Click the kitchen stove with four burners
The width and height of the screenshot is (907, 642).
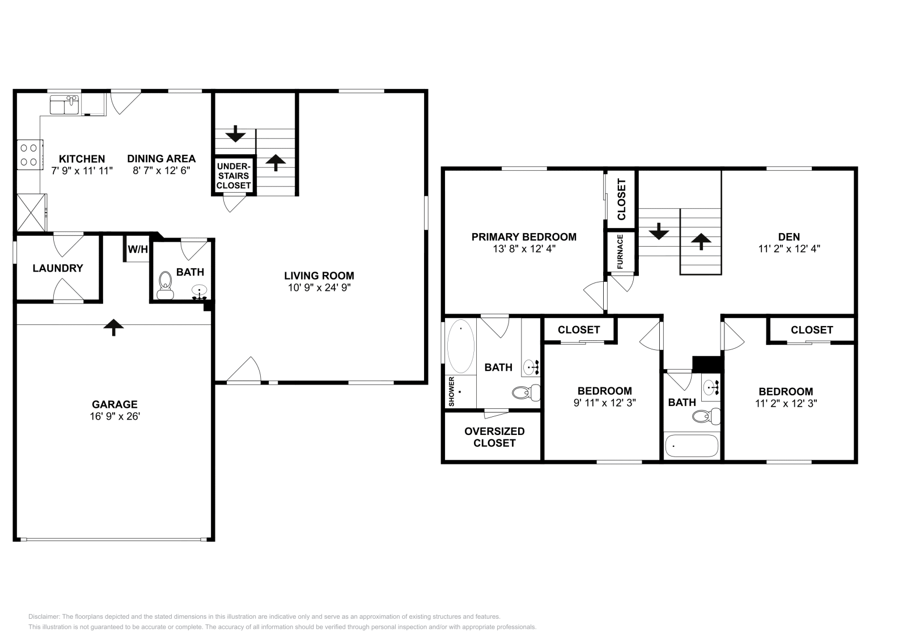tap(29, 154)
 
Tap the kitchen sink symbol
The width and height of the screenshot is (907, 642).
tap(64, 105)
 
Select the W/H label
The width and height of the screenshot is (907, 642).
tap(138, 249)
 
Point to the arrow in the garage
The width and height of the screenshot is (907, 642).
tap(114, 327)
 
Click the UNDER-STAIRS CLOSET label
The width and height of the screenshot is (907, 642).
tap(234, 176)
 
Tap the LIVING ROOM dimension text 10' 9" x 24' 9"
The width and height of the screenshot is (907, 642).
tap(319, 288)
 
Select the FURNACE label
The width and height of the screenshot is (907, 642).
tap(620, 252)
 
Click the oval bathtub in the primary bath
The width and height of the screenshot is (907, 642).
tap(461, 346)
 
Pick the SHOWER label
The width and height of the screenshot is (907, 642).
tap(452, 391)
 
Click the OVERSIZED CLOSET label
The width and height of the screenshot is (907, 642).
tap(494, 437)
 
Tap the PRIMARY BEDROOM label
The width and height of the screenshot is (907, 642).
tap(524, 236)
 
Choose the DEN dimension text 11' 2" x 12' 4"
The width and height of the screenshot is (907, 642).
tap(789, 248)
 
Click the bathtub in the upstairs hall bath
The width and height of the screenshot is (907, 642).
tap(692, 446)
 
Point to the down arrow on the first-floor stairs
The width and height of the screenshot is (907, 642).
tap(235, 135)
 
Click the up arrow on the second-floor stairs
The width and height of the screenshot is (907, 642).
tap(701, 242)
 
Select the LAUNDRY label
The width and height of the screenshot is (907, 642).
tap(58, 268)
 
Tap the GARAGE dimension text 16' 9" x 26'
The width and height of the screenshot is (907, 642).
tap(115, 416)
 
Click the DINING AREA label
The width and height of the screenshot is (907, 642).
tap(161, 159)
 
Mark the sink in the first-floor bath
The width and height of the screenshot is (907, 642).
tap(199, 292)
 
